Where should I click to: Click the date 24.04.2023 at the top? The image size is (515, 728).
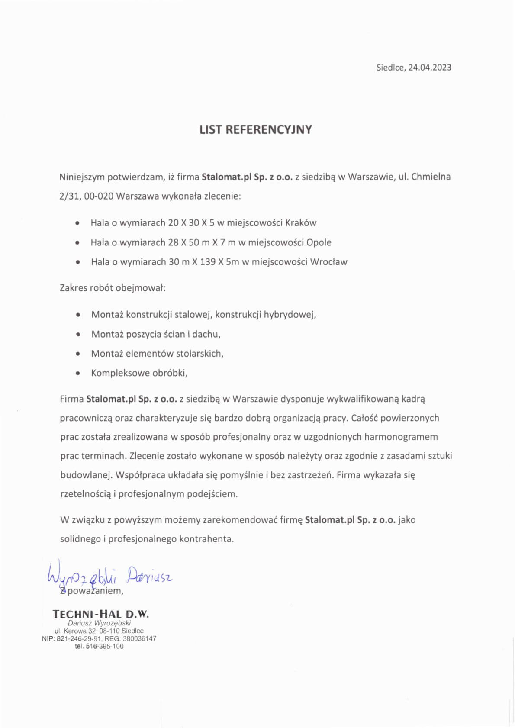(430, 68)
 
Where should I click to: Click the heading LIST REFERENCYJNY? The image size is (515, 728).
(255, 129)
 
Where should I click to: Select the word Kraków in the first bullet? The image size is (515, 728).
(301, 223)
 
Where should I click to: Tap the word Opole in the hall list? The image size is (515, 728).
(319, 242)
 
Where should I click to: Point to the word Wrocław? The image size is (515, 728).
(328, 262)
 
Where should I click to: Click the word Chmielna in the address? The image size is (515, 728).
(431, 177)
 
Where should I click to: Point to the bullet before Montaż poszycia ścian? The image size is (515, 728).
(78, 335)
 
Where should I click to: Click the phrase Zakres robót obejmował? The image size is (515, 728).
(113, 288)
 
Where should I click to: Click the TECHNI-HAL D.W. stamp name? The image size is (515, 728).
(100, 614)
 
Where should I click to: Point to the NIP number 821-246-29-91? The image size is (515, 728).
(78, 638)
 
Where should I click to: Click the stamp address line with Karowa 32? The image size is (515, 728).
(99, 631)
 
